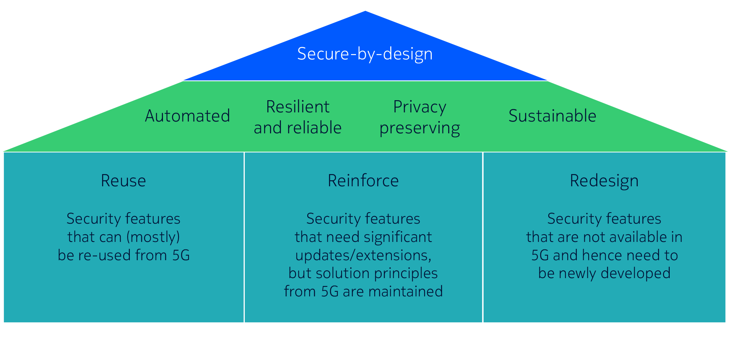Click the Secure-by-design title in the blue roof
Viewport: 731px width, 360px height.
pyautogui.click(x=365, y=54)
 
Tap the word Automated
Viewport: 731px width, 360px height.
pyautogui.click(x=187, y=116)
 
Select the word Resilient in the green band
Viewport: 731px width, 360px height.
pyautogui.click(x=297, y=107)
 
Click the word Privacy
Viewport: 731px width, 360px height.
pyautogui.click(x=420, y=107)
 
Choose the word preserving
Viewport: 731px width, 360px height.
pyautogui.click(x=420, y=128)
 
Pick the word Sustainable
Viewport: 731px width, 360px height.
pyautogui.click(x=552, y=116)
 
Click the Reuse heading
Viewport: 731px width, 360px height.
pyautogui.click(x=123, y=181)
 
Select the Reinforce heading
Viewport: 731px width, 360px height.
pyautogui.click(x=363, y=181)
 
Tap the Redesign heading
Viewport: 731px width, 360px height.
pyautogui.click(x=604, y=181)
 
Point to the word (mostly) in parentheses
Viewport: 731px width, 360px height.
pyautogui.click(x=153, y=237)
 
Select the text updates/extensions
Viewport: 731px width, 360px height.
pyautogui.click(x=363, y=255)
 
